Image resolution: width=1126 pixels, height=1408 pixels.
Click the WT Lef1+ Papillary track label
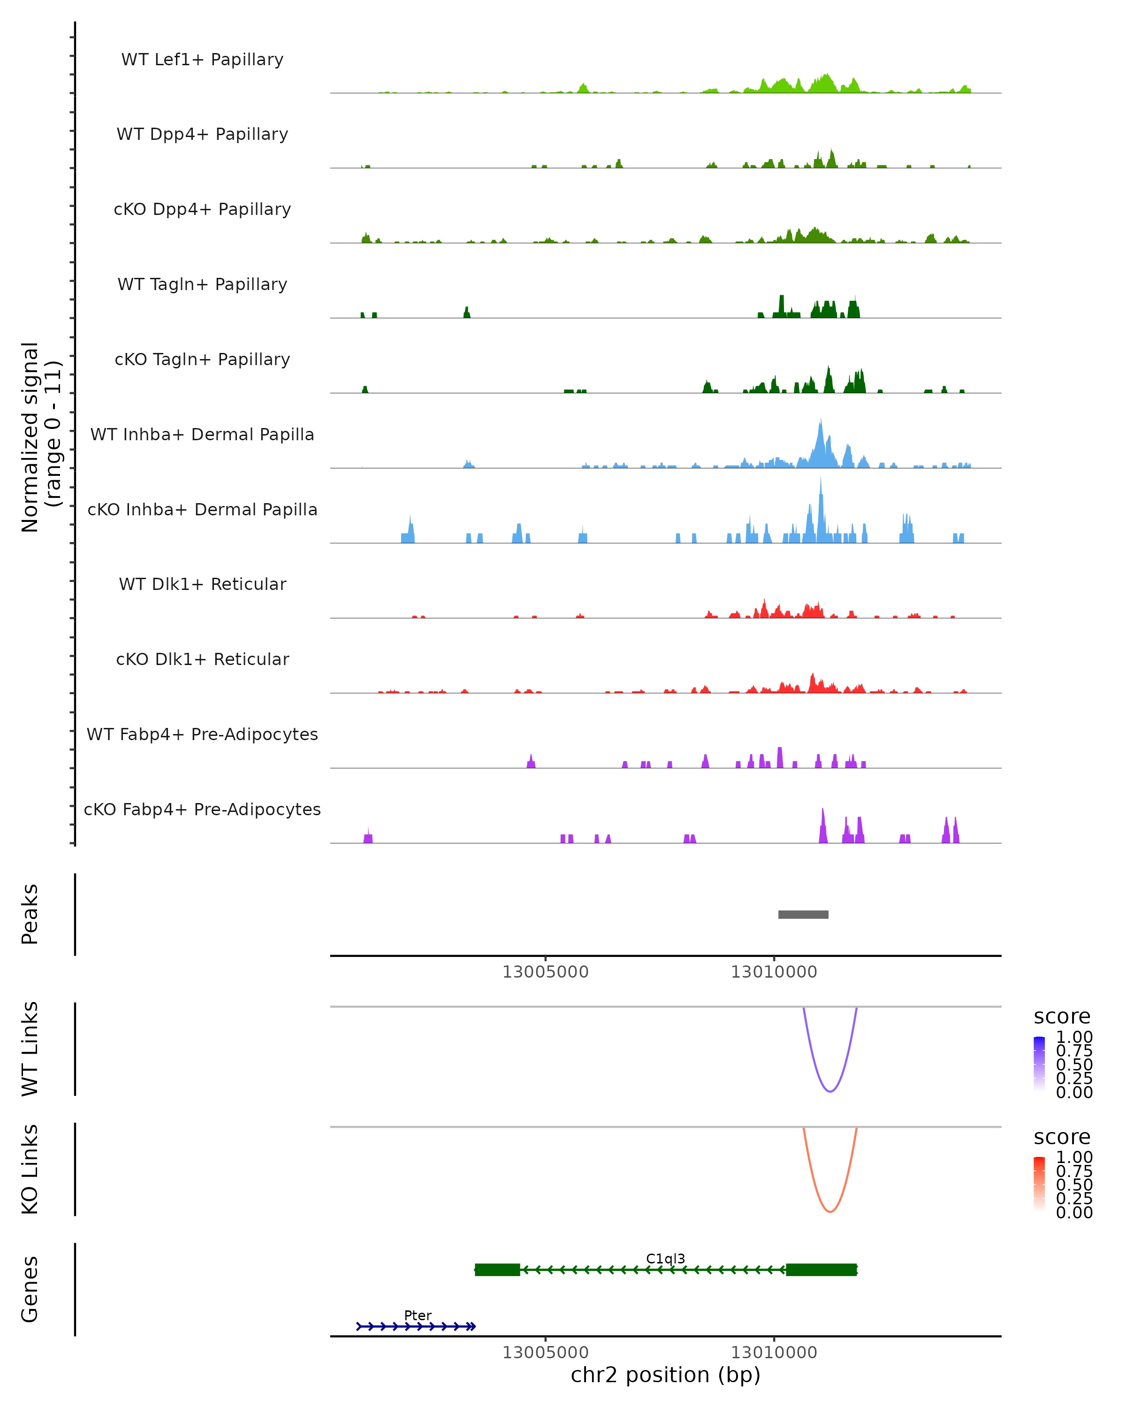tap(202, 60)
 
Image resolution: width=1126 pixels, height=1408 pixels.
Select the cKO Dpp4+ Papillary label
tap(202, 210)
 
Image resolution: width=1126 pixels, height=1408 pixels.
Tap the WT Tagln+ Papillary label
tap(202, 285)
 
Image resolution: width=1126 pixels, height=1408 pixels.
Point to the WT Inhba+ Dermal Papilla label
tap(202, 435)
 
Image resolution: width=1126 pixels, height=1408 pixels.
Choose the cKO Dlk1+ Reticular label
tap(202, 659)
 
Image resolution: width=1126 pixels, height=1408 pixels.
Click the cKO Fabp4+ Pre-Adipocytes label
tap(202, 810)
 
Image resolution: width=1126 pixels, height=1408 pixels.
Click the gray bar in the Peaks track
tap(803, 914)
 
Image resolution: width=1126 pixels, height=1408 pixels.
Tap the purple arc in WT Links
tap(829, 1091)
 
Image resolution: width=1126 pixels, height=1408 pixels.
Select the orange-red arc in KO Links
tap(829, 1211)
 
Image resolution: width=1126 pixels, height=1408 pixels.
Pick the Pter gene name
tap(418, 1315)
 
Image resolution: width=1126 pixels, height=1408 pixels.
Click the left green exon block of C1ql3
tap(497, 1270)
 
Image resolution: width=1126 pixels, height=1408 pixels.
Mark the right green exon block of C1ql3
tap(821, 1270)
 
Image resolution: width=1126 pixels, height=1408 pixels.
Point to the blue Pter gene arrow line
tap(416, 1326)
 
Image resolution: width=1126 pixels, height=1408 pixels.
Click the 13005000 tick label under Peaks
tap(545, 972)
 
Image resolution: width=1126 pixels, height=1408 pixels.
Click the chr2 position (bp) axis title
tap(665, 1375)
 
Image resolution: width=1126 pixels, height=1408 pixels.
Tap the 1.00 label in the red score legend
tap(1074, 1157)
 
